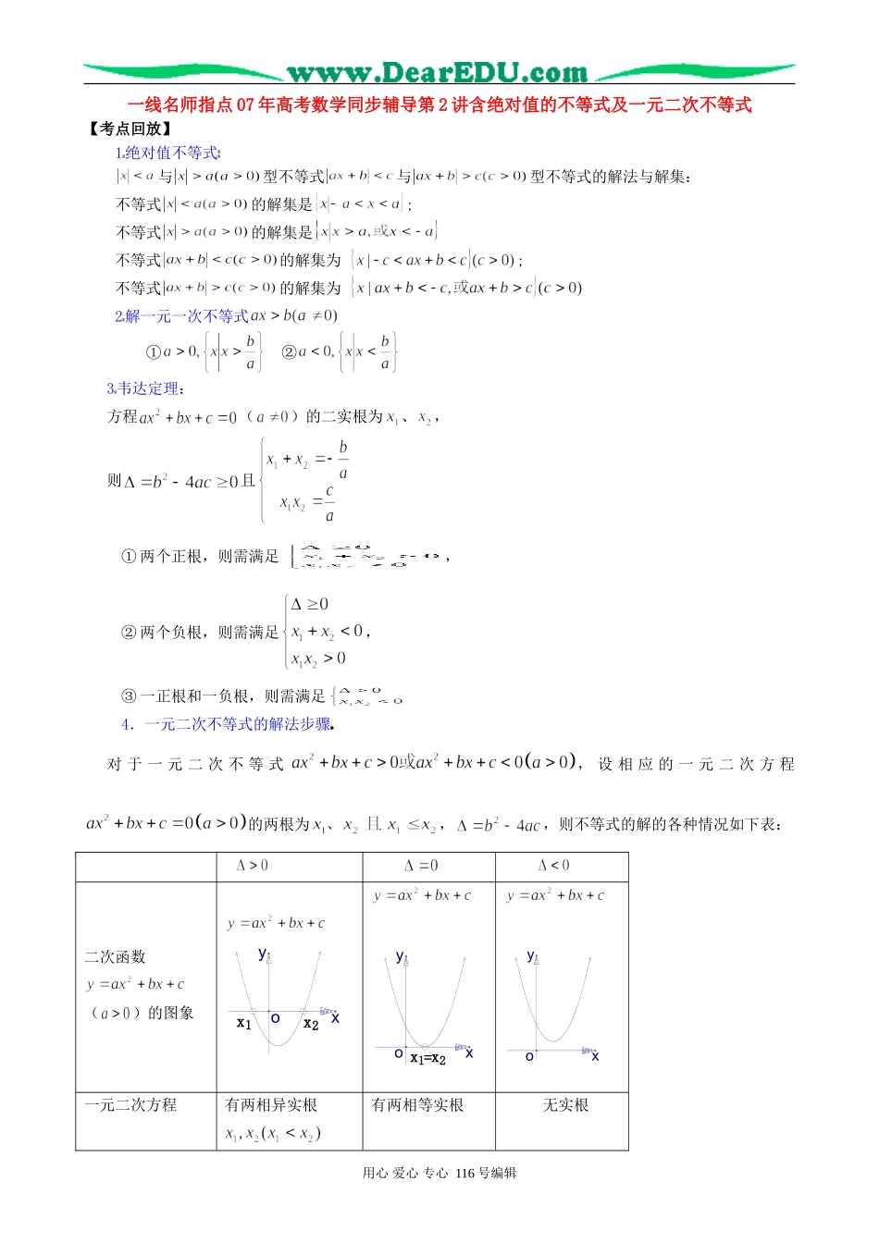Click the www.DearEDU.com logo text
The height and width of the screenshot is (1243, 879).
point(437,72)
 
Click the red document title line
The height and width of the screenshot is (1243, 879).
point(439,105)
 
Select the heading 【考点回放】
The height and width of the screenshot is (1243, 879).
point(130,129)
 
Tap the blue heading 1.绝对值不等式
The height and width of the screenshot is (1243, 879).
point(167,153)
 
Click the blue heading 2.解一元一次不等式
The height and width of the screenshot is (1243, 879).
point(181,316)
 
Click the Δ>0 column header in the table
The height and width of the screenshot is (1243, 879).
point(253,866)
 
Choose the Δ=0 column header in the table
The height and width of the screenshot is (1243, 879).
point(421,866)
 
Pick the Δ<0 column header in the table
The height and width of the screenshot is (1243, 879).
point(553,866)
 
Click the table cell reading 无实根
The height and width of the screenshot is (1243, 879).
point(564,1105)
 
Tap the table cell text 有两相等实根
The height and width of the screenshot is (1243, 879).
point(417,1105)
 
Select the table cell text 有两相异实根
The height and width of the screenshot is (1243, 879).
point(271,1105)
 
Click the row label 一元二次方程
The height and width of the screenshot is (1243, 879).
point(130,1105)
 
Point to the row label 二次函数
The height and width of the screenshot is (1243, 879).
point(116,956)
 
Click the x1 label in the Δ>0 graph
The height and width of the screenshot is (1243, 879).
point(243,1023)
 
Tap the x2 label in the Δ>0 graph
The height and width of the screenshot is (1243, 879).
point(311,1024)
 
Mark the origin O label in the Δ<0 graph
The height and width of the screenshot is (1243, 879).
point(529,1056)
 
